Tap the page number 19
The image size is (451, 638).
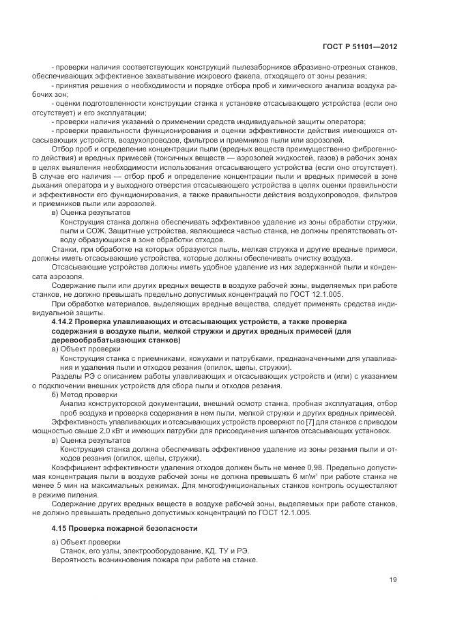(393, 580)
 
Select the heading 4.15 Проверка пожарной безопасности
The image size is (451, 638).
(125, 528)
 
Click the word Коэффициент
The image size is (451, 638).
(73, 469)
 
